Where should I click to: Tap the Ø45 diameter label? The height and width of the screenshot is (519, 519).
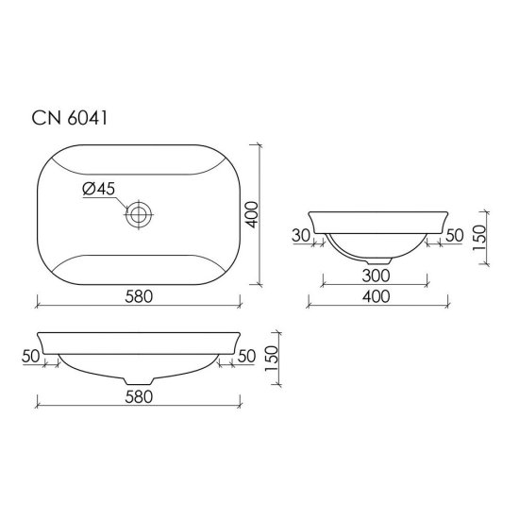[99, 190]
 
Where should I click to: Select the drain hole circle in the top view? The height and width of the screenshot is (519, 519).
[138, 214]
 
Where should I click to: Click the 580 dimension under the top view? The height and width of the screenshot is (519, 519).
[138, 296]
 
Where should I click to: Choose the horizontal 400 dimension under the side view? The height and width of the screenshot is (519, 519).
[377, 296]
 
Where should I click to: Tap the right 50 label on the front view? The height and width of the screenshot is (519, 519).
[247, 356]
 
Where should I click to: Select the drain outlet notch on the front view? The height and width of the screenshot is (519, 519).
[139, 379]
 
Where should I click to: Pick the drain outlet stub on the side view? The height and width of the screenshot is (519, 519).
[378, 259]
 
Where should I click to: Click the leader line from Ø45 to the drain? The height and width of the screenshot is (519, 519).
[121, 202]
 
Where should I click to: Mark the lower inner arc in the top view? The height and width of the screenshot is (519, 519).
[138, 256]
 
